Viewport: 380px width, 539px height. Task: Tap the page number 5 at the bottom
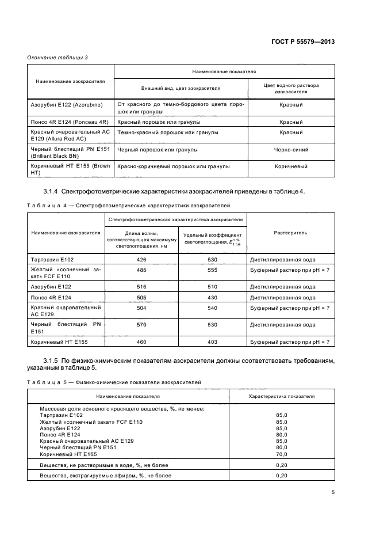[x=333, y=492]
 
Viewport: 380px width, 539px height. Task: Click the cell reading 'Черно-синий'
[x=291, y=150]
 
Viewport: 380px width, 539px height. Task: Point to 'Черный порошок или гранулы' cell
[x=158, y=150]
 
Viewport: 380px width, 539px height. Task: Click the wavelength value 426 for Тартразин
[x=141, y=260]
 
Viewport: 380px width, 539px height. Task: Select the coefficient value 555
[x=212, y=269]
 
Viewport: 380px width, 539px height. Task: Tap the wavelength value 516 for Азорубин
[x=141, y=286]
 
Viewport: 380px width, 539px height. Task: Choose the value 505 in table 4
[x=141, y=298]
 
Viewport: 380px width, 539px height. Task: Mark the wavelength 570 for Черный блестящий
[x=141, y=325]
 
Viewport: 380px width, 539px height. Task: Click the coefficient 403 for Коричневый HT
[x=212, y=342]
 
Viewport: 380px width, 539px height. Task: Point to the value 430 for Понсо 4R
[x=212, y=298]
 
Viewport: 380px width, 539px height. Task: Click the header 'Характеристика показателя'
[x=281, y=396]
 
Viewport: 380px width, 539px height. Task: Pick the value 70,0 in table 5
[x=281, y=454]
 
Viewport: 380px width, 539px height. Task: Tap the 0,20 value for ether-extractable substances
[x=281, y=476]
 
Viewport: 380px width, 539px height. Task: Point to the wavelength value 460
[x=141, y=342]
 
